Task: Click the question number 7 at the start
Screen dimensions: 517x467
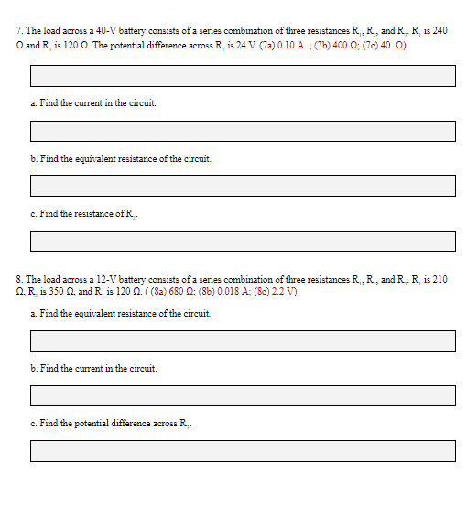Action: [x=20, y=31]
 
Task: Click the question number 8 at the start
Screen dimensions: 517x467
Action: [x=20, y=279]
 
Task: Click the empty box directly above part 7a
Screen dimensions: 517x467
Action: [x=243, y=76]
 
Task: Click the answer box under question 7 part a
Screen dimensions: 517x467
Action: [x=243, y=131]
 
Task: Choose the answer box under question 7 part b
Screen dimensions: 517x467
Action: [x=243, y=186]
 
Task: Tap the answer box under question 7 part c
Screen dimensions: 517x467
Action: [x=243, y=241]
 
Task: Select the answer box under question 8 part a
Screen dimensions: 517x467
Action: [x=243, y=341]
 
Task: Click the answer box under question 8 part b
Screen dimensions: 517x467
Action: [x=243, y=396]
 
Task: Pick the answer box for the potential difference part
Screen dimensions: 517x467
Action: [x=243, y=451]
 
